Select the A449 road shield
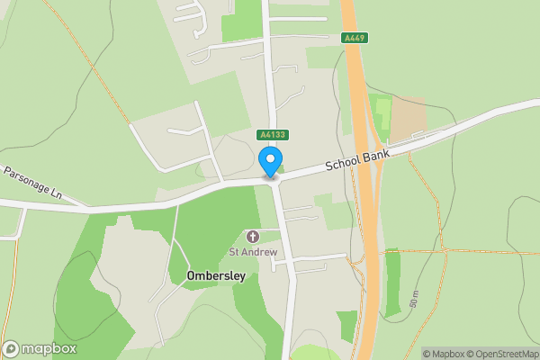click(355, 39)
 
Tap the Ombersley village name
click(216, 276)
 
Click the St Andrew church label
click(253, 252)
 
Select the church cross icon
click(253, 236)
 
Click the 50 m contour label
click(415, 299)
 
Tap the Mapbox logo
click(39, 349)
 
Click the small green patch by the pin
click(281, 167)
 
